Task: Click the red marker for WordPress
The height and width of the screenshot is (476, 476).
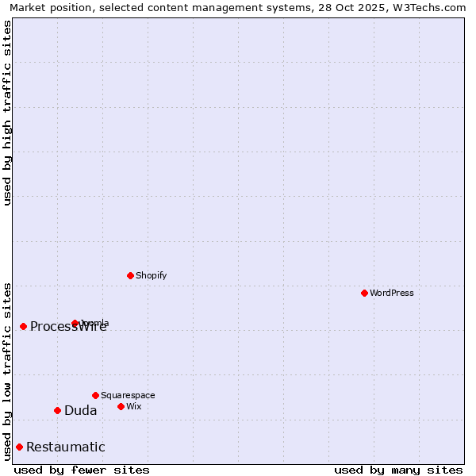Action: coord(364,293)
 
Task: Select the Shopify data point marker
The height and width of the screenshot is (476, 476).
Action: coord(130,275)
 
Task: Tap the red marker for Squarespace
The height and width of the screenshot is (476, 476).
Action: coord(95,395)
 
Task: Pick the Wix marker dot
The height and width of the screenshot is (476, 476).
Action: coord(121,406)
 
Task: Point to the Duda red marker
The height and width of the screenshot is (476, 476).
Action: coord(57,410)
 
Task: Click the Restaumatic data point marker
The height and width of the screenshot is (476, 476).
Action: coord(19,447)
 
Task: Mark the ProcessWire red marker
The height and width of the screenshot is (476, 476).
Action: coord(23,326)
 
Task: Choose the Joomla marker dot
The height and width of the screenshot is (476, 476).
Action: coord(75,323)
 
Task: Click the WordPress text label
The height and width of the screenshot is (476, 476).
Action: coord(392,293)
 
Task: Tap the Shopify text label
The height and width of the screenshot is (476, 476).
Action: coord(151,275)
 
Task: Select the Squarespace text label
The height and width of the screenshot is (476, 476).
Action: coord(128,395)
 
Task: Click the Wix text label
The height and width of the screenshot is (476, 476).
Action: coord(133,406)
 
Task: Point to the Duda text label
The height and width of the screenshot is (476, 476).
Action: coord(81,410)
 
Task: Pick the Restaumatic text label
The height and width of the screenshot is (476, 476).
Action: coord(66,447)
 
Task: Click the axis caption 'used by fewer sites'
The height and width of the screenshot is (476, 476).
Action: coord(82,470)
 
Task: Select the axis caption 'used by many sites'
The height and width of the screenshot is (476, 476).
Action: coord(398,470)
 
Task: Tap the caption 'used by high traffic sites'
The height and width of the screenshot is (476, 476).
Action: coord(7,113)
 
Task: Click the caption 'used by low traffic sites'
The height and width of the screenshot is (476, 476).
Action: coord(7,370)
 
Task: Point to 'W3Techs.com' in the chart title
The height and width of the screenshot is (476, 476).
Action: coord(432,7)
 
